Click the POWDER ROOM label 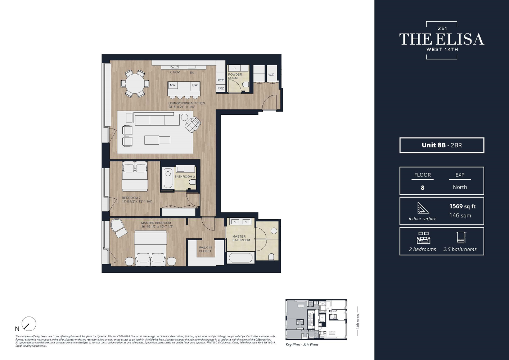[235, 76]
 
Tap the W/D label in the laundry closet [271, 75]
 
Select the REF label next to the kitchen [221, 80]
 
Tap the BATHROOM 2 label [185, 177]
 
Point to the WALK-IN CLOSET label [205, 249]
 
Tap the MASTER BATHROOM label [241, 238]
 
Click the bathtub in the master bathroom [240, 258]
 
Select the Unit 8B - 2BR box [442, 145]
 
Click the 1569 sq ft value [462, 206]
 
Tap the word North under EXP [460, 187]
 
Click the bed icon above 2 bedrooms [423, 238]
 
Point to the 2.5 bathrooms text [460, 249]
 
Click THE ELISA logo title [442, 39]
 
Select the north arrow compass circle [29, 324]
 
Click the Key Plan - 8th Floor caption [302, 345]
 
